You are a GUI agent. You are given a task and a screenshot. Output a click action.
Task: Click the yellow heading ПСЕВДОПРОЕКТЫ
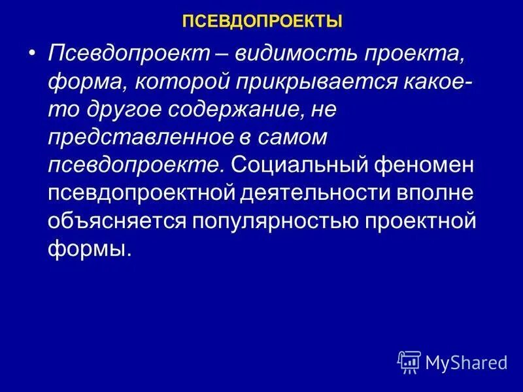click(x=262, y=22)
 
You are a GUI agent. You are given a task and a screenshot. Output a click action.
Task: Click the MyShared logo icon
click(x=409, y=360)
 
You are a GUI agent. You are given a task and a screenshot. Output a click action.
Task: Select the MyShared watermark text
click(x=466, y=361)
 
